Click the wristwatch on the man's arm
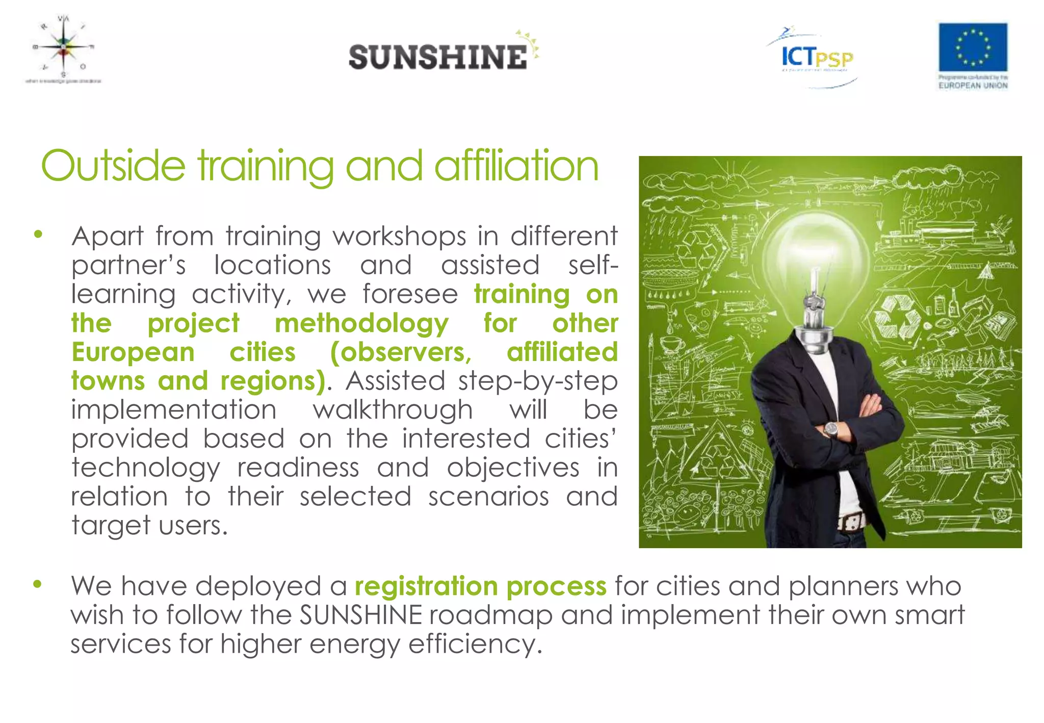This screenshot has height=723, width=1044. click(831, 429)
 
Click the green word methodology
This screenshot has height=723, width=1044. click(361, 324)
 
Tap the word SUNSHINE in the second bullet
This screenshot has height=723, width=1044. click(360, 615)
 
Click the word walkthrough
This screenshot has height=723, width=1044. click(393, 410)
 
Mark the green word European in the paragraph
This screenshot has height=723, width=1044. click(133, 352)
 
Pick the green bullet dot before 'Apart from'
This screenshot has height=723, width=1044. click(38, 235)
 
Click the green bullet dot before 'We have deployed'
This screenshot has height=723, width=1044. click(37, 584)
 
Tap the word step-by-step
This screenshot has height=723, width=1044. click(538, 381)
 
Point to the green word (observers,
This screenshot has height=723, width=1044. click(401, 352)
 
